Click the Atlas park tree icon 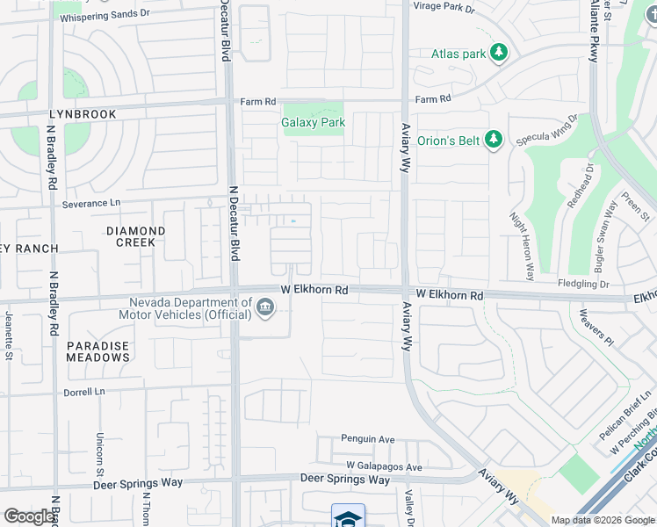coord(499,54)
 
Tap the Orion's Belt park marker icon coord(494,139)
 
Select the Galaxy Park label coord(313,123)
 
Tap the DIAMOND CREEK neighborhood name coord(135,236)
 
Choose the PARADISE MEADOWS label coord(97,351)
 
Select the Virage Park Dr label coord(443,9)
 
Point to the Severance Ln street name coord(90,204)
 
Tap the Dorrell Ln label coord(84,392)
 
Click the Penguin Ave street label coord(368,439)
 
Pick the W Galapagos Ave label coord(384,467)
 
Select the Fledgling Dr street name coord(583,284)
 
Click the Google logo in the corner coord(28,516)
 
